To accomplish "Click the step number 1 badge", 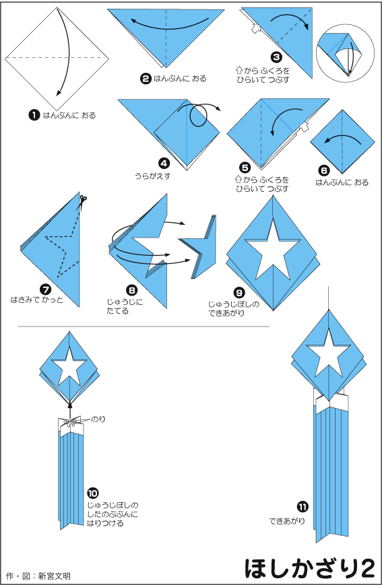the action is point(34,115).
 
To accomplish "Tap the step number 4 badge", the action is point(164,163).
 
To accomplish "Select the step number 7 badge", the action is point(45,289).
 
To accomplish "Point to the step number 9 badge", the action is point(238,292).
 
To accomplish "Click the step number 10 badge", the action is point(92,493).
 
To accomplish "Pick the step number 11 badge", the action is point(303,507).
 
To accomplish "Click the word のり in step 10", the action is point(98,419).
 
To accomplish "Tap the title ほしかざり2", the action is point(309,568).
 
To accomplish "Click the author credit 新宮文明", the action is point(54,576).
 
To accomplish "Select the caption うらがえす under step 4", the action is point(152,176).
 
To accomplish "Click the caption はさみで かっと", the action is point(36,300).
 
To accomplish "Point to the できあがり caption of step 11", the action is point(287,521).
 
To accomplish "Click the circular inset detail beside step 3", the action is point(345,53).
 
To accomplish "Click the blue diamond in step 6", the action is point(342,141).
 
